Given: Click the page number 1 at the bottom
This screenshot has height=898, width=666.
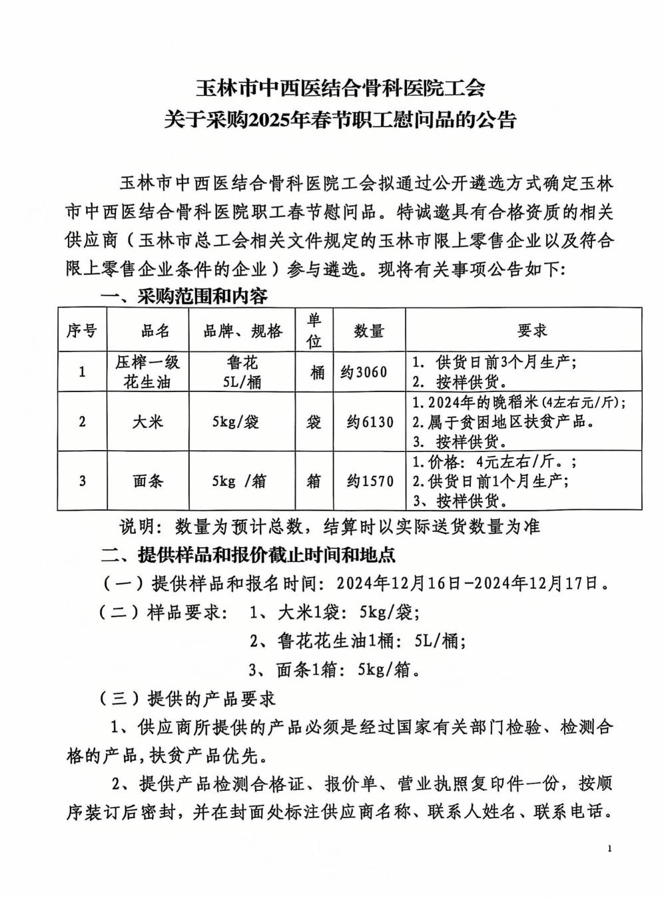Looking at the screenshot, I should pyautogui.click(x=609, y=848).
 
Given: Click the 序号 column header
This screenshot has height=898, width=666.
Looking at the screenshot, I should pyautogui.click(x=82, y=331).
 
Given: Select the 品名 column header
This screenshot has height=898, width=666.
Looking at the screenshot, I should pyautogui.click(x=155, y=331).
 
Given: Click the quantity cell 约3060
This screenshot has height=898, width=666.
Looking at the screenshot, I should pyautogui.click(x=364, y=372).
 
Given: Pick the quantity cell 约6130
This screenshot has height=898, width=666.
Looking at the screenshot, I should pyautogui.click(x=370, y=422).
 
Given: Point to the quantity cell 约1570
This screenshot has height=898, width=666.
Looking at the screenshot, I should pyautogui.click(x=370, y=481).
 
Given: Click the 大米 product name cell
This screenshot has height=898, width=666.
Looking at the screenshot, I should pyautogui.click(x=148, y=422).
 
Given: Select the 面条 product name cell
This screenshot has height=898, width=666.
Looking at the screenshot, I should pyautogui.click(x=148, y=481).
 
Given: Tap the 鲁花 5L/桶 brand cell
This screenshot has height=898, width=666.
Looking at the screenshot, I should pyautogui.click(x=242, y=372).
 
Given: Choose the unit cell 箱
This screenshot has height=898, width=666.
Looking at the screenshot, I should pyautogui.click(x=314, y=481).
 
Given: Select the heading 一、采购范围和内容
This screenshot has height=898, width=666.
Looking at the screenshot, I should pyautogui.click(x=184, y=296).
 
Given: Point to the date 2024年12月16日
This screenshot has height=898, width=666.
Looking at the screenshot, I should pyautogui.click(x=398, y=584).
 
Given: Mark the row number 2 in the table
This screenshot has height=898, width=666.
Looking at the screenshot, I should pyautogui.click(x=82, y=422).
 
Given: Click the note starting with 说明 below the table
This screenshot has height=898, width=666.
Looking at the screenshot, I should pyautogui.click(x=329, y=527).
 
